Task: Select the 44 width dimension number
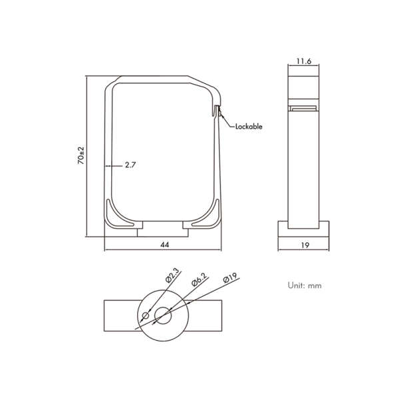164,245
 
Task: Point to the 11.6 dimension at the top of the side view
304,61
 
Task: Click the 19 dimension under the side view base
304,245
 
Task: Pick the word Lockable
248,126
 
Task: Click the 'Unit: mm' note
304,285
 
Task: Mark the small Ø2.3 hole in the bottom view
147,315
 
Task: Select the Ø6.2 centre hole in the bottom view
163,315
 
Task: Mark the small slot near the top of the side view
304,107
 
